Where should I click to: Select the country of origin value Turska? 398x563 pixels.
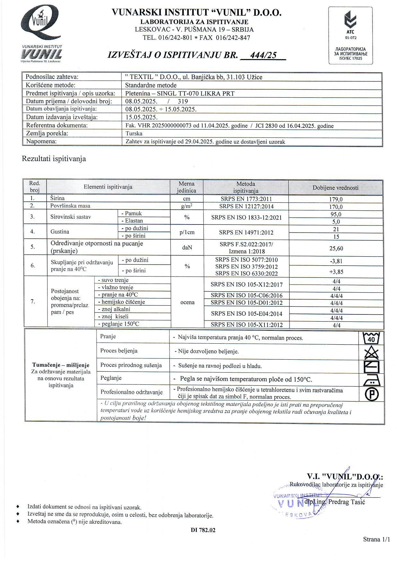134,133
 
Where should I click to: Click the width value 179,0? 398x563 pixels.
336,199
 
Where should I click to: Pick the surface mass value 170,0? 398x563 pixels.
336,207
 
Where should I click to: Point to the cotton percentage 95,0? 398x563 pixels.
336,214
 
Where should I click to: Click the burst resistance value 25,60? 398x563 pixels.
336,248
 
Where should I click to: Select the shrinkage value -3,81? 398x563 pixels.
336,261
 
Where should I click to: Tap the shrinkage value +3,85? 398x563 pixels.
336,272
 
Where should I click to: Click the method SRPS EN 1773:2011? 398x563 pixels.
246,199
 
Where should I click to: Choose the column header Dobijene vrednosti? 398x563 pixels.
335,188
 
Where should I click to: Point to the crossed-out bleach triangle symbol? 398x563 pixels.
371,352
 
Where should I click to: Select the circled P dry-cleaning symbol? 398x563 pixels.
371,394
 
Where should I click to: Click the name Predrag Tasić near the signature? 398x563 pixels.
346,502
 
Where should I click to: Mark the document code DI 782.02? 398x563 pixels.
203,530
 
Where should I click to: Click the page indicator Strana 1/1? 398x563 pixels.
376,539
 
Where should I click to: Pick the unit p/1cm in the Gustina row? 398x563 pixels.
187,232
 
